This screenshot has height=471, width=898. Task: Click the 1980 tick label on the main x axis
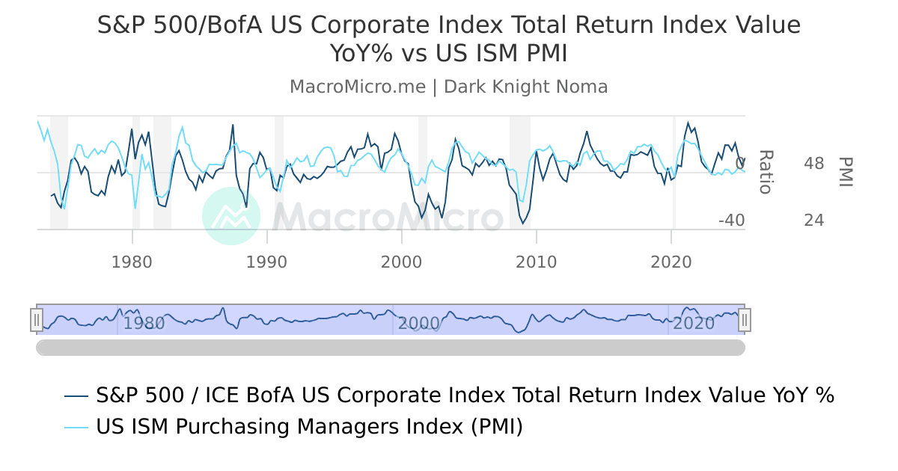click(x=132, y=262)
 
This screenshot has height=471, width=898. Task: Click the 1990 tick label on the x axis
click(x=267, y=262)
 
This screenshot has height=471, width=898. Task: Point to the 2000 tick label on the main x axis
click(x=402, y=262)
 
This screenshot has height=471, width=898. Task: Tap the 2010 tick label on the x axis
click(x=537, y=262)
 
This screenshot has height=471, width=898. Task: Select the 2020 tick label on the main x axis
click(x=671, y=262)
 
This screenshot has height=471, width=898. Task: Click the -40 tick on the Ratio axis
click(x=731, y=221)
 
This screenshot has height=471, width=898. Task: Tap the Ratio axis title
click(x=765, y=172)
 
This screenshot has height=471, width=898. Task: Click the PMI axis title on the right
click(x=846, y=172)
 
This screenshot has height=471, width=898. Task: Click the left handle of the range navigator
click(x=37, y=320)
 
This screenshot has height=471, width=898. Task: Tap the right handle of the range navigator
click(x=745, y=320)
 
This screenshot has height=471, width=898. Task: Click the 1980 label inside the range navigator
click(x=144, y=324)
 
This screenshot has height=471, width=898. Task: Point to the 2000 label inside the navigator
click(x=419, y=324)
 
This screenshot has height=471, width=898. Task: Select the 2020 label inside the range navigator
click(x=694, y=324)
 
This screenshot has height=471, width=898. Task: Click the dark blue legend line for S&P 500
click(x=77, y=395)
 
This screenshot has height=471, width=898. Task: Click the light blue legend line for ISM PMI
click(x=77, y=427)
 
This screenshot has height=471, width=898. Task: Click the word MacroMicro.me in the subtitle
click(x=357, y=87)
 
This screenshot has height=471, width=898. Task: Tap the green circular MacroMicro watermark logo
click(x=232, y=216)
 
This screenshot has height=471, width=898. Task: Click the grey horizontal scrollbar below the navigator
click(x=391, y=348)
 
